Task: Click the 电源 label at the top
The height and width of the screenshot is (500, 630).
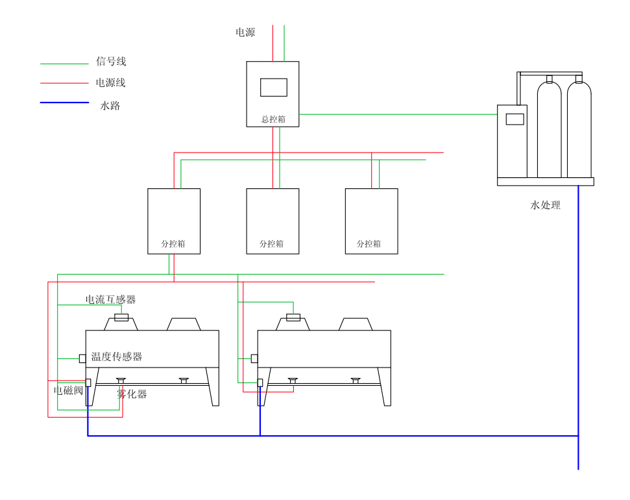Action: point(245,32)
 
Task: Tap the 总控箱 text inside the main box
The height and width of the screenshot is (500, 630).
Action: point(273,119)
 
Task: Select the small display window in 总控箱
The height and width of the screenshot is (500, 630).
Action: point(273,87)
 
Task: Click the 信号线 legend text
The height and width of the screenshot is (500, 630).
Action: point(111,62)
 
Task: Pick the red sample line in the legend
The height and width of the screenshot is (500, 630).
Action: point(64,83)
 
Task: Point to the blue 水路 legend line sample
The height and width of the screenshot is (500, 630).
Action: point(64,103)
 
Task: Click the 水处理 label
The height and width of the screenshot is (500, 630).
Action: point(545,205)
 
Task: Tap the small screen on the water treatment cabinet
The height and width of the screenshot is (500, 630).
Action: point(515,119)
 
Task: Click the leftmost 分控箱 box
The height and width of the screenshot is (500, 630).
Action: point(174,221)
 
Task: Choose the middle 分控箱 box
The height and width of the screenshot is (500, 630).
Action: point(273,221)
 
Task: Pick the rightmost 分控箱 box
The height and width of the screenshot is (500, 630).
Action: point(371,221)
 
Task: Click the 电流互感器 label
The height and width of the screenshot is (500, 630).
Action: point(111,299)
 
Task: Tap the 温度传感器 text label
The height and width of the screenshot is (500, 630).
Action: point(116,356)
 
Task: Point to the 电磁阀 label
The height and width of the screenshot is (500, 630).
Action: point(68,390)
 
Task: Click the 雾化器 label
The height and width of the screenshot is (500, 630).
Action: point(132,394)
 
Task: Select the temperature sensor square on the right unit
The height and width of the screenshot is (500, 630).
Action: point(254,358)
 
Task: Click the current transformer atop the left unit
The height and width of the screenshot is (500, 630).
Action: point(121,318)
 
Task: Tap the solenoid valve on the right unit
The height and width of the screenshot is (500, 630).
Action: point(260,382)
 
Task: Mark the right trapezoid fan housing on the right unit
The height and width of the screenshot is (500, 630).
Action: point(356,324)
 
